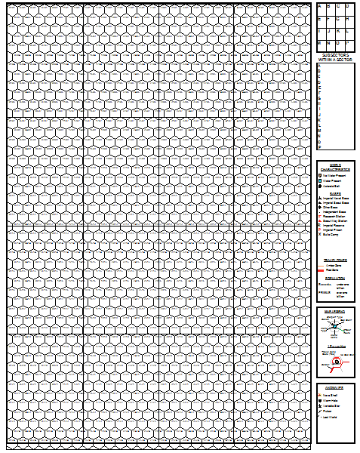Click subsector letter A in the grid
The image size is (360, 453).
(x=319, y=6)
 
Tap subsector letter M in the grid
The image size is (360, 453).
(x=319, y=44)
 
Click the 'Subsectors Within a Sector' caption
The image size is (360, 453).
(x=335, y=57)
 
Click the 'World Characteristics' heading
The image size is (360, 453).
(x=335, y=165)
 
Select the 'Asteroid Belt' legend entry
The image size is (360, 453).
(x=332, y=187)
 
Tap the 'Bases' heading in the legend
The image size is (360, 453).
(x=335, y=194)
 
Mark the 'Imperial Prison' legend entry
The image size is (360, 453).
(x=332, y=230)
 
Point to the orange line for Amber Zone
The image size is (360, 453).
(x=322, y=265)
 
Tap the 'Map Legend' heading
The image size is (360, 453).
(x=335, y=310)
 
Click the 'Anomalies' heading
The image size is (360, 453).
(x=335, y=386)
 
